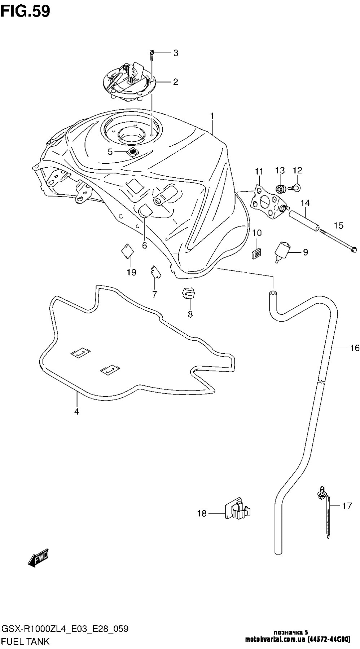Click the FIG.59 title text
[25, 12]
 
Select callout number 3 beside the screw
[176, 53]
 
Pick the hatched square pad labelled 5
[133, 152]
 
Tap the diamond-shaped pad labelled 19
[127, 250]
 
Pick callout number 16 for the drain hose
[355, 348]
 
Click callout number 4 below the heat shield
[76, 411]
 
